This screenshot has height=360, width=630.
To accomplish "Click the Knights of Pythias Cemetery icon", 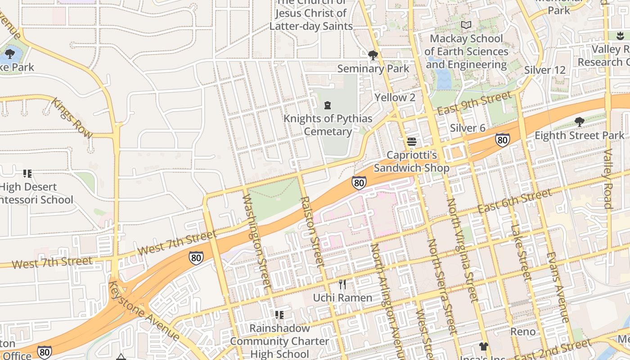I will tap(328, 105).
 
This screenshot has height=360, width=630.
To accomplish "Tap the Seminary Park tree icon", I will tap(373, 55).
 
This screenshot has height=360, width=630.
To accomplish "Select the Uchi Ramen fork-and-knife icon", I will tap(342, 284).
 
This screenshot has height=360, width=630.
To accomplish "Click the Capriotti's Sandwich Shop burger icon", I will tap(411, 142).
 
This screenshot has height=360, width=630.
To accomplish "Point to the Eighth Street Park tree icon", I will tap(579, 121).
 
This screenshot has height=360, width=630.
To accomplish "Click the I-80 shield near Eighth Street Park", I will tap(503, 140).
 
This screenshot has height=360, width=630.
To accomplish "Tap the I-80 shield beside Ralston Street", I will tap(359, 183).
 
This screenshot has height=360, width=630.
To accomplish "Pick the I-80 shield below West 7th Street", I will tap(196, 258).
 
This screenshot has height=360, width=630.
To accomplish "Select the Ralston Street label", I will tap(311, 230).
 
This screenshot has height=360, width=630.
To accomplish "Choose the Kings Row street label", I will tap(72, 118).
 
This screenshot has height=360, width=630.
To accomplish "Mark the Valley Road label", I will tap(607, 179).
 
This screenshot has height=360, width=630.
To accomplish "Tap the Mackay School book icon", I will tap(467, 25).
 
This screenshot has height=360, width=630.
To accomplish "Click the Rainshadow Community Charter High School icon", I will tap(279, 315).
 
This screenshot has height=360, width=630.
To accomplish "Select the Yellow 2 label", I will tap(395, 97).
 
